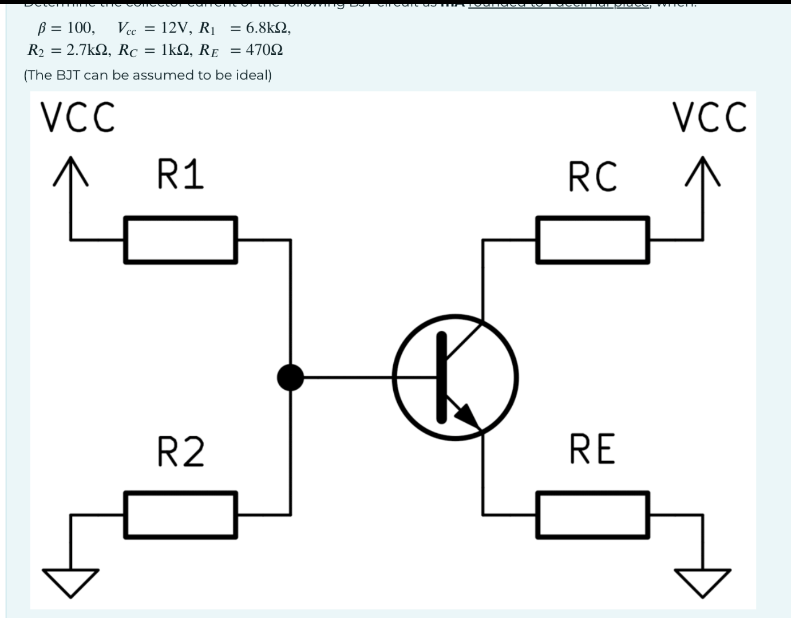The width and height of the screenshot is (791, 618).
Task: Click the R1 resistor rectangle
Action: (180, 240)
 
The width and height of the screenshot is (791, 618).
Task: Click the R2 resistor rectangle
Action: (180, 514)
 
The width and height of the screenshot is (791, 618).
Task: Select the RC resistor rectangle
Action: (592, 240)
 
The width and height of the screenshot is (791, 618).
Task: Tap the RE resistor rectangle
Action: (592, 514)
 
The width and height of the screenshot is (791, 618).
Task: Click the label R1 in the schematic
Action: (180, 175)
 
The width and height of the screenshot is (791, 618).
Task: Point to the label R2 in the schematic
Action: (180, 451)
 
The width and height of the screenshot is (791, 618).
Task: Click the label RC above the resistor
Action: (593, 176)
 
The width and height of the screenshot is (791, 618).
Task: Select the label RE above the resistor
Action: (592, 449)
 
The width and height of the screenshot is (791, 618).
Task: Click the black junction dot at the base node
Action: (290, 377)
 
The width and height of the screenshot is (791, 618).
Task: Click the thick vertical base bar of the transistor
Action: (441, 377)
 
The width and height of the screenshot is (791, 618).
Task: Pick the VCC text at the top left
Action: (77, 117)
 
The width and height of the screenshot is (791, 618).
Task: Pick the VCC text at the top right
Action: (710, 117)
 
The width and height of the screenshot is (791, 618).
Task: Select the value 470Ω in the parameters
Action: (264, 50)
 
